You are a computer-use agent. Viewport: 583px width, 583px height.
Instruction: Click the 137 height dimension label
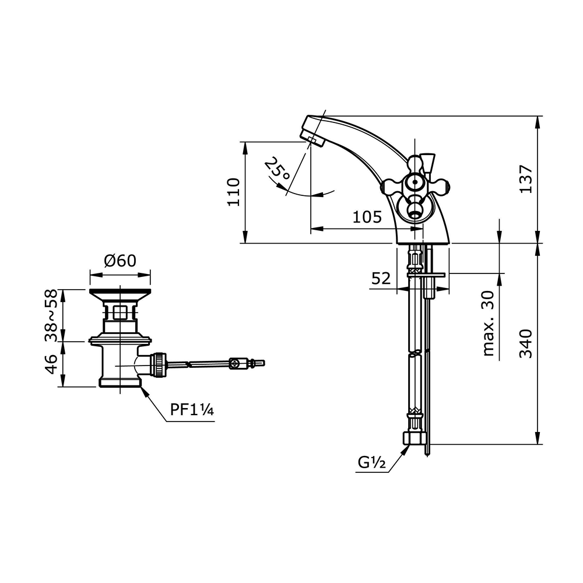coord(526,179)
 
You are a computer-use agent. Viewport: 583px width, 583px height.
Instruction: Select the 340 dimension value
coord(526,343)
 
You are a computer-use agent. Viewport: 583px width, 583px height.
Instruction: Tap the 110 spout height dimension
coord(234,192)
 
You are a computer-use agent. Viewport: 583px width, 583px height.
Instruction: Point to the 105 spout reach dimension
coord(367,217)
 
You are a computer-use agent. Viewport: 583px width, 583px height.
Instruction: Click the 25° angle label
coord(277,169)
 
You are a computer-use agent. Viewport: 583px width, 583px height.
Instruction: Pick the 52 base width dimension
coord(381,278)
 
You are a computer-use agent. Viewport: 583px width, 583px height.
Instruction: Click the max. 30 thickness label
coord(489,323)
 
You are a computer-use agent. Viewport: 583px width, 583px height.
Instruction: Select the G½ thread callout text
coord(372,462)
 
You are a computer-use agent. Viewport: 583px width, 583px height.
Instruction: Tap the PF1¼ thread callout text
coord(192,410)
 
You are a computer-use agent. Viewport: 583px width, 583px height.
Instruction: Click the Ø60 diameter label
coord(120,261)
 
